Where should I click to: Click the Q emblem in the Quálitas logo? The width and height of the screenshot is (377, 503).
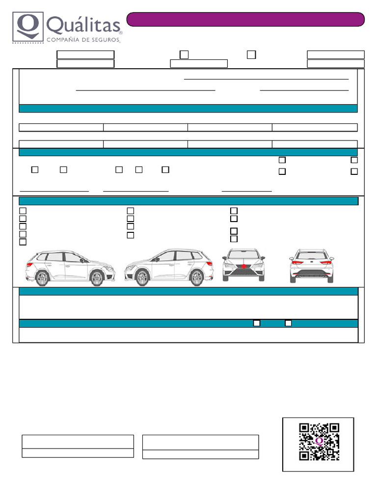click(27, 27)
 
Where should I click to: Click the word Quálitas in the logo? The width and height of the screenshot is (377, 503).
click(83, 25)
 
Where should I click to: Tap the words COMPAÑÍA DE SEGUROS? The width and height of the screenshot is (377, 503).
click(83, 40)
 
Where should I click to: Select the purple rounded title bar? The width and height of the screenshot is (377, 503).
click(245, 19)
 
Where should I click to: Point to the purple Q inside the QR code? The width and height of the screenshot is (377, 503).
click(320, 441)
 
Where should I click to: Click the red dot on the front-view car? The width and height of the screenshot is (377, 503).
click(243, 266)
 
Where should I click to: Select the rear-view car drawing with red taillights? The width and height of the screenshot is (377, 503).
click(311, 265)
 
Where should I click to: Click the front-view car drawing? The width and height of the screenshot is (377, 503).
click(243, 265)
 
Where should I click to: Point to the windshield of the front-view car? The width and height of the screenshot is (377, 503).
click(243, 255)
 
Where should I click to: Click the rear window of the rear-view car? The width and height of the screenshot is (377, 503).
click(311, 255)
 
